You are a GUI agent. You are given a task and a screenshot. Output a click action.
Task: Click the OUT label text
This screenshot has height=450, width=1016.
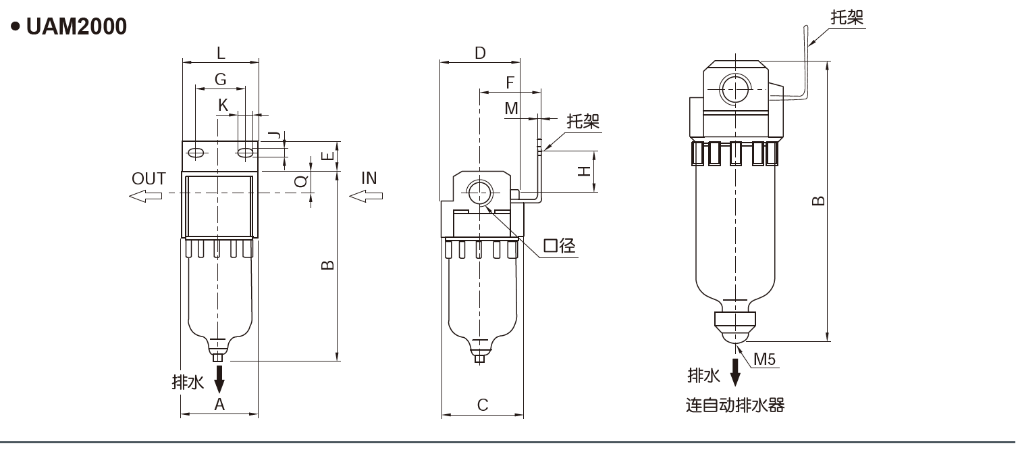[x=149, y=178]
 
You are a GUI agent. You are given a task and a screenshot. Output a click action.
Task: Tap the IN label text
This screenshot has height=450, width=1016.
[x=369, y=178]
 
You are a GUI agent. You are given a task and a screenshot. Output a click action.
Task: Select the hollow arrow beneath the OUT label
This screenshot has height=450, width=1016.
[x=145, y=196]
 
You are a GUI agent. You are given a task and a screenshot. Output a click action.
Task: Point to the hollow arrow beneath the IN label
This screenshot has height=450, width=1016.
[x=366, y=196]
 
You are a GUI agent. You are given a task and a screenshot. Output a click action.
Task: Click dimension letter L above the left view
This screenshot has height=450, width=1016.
[x=221, y=52]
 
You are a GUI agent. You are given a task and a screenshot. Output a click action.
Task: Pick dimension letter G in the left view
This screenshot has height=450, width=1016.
[x=220, y=79]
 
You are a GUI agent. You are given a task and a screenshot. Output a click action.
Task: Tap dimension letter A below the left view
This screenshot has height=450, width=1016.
[x=219, y=404]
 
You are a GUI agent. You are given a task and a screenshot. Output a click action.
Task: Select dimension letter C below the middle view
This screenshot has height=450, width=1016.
[x=483, y=405]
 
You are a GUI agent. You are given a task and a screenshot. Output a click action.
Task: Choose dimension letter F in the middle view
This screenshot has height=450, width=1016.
[x=510, y=82]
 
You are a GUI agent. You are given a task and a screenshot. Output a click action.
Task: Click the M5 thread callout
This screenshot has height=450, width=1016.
[x=764, y=359]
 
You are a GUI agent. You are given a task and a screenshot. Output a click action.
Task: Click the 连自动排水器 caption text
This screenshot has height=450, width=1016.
[x=735, y=405]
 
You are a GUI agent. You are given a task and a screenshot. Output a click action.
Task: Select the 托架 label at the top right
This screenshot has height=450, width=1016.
[x=847, y=18]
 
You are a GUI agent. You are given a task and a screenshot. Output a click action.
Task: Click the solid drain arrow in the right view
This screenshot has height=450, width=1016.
[x=735, y=371]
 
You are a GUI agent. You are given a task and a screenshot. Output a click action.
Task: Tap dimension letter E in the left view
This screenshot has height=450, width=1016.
[x=327, y=156]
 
